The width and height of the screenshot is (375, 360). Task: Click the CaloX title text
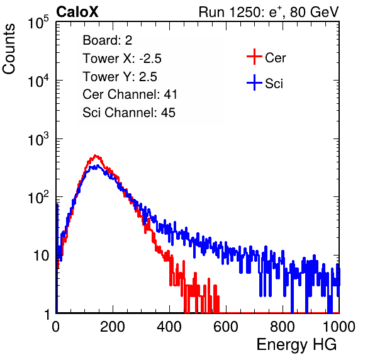[x=77, y=12]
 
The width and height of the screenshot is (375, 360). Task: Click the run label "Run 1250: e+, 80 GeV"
[x=269, y=12]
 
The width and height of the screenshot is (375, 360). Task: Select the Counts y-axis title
[x=9, y=49]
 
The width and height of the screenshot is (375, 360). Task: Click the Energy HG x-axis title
[x=296, y=345]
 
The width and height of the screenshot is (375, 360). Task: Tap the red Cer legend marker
[x=254, y=57]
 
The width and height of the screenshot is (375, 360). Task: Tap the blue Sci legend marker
[x=254, y=83]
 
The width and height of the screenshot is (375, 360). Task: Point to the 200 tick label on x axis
[x=113, y=327]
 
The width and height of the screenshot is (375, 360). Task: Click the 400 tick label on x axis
[x=169, y=327]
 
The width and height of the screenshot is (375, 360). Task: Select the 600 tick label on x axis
[x=226, y=327]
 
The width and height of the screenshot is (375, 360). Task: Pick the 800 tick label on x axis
[x=283, y=327]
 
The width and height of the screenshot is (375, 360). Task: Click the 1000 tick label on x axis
[x=339, y=327]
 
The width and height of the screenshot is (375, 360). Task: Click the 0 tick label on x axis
[x=56, y=327]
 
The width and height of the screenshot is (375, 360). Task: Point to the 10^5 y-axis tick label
[x=38, y=22]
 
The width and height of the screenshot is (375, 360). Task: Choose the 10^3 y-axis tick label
[x=38, y=139]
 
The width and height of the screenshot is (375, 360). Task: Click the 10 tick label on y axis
[x=42, y=256]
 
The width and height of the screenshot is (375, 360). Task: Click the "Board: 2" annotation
[x=108, y=40]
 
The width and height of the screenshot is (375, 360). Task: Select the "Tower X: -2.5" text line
[x=122, y=59]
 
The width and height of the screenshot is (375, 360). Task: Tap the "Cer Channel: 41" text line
[x=130, y=94]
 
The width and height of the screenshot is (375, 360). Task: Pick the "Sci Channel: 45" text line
[x=129, y=113]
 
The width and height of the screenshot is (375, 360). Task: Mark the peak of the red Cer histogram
[x=96, y=155]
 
